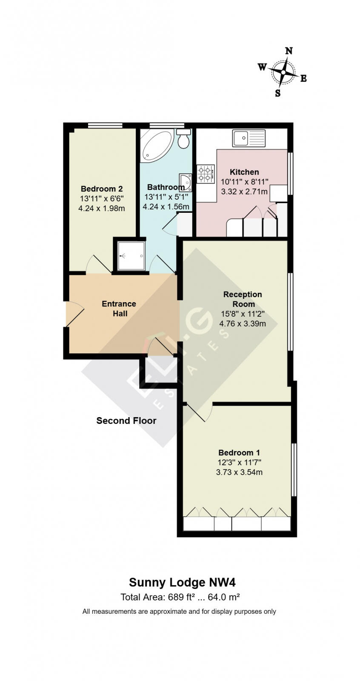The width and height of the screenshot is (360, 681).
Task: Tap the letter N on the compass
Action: coord(289,51)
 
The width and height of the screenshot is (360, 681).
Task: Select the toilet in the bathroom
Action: coord(184,139)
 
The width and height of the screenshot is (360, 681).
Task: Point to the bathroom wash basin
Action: coord(186,182)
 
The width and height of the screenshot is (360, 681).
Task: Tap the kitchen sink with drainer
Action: coord(249,138)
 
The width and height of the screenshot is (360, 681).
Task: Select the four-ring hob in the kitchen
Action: coord(205,174)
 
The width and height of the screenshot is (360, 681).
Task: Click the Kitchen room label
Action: coord(244,172)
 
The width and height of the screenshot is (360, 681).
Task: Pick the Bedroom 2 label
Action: coord(102,189)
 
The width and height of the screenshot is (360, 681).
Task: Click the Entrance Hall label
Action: coord(119,309)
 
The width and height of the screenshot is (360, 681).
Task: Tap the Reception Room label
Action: coord(243,299)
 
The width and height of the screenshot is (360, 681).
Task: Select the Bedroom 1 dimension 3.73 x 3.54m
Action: coord(239,472)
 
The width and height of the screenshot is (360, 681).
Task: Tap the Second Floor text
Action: coord(126,421)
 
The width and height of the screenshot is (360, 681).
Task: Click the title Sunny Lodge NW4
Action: coord(182,582)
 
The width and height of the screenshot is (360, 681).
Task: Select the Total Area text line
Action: coord(180,597)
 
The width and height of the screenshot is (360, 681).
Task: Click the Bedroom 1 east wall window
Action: coord(294,469)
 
